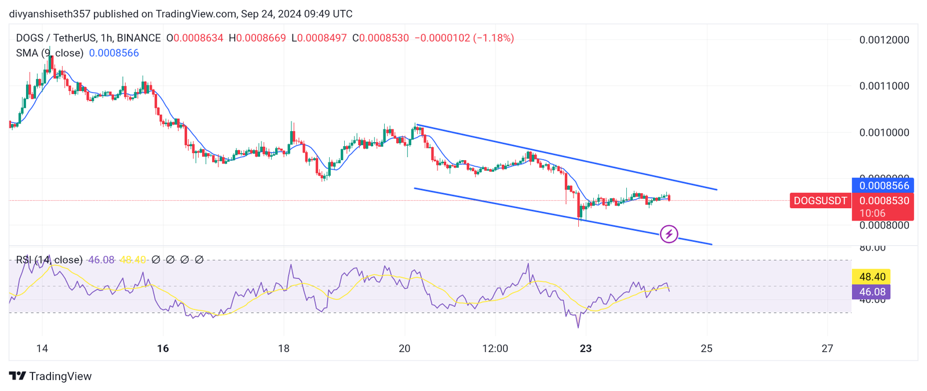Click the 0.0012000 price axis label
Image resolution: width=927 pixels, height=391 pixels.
click(x=884, y=40)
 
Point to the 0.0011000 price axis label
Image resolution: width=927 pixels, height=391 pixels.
click(x=884, y=86)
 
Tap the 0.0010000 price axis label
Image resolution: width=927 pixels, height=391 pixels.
click(x=884, y=132)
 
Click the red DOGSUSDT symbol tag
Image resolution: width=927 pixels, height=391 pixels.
click(x=820, y=201)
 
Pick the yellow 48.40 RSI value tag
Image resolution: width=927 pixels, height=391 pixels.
click(x=871, y=277)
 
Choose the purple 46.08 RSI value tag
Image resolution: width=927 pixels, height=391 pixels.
click(x=871, y=292)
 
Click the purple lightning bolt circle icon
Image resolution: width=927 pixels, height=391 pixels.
click(x=669, y=234)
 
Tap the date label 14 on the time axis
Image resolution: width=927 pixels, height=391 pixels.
click(x=42, y=349)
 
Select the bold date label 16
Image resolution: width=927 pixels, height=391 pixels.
click(x=163, y=349)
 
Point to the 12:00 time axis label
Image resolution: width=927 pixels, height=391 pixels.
click(x=495, y=349)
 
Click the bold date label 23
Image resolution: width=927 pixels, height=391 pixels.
click(x=586, y=349)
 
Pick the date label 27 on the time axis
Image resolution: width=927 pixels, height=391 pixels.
click(x=827, y=349)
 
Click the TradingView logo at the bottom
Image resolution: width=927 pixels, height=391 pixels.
click(x=50, y=376)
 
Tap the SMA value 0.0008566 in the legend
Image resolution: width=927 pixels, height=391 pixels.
click(x=114, y=53)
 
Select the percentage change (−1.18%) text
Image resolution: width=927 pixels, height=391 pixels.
click(x=494, y=38)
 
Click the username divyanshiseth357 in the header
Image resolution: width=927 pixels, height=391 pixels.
click(x=50, y=14)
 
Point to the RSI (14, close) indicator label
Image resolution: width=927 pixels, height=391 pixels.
click(x=49, y=260)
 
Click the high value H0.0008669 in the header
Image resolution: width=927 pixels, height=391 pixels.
click(x=257, y=38)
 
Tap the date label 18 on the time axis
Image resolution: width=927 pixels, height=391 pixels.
click(x=283, y=349)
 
